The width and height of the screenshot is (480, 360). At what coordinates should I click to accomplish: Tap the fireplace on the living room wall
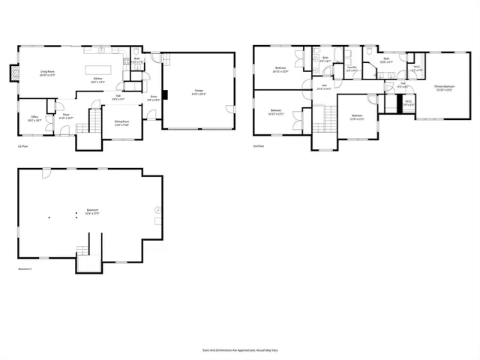tap(13, 73)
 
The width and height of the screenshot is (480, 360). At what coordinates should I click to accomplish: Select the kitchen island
tap(102, 70)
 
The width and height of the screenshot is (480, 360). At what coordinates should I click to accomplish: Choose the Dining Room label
tap(121, 122)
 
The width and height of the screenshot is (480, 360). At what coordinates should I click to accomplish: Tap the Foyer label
tap(65, 116)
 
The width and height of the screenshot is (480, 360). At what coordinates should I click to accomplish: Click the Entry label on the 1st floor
tap(153, 97)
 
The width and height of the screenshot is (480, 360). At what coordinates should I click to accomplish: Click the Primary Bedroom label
tap(444, 88)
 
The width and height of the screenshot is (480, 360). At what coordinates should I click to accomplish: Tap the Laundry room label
tap(351, 70)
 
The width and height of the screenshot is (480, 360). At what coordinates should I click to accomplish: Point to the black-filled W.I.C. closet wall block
tap(391, 103)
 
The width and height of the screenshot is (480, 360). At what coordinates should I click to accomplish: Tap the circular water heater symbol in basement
tap(157, 209)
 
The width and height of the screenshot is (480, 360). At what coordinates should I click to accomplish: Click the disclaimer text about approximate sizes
tap(239, 349)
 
